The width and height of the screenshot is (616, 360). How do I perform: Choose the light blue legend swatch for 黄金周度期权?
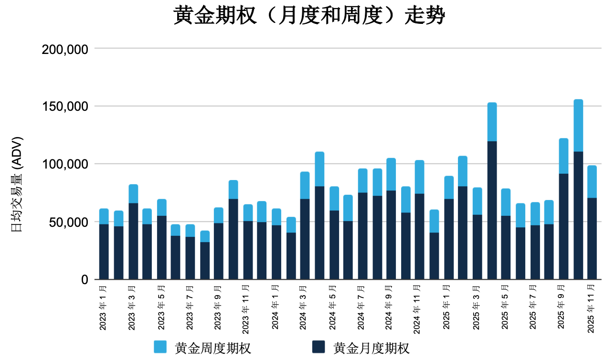pos(160,347)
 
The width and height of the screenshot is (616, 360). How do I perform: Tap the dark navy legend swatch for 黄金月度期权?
pos(318,347)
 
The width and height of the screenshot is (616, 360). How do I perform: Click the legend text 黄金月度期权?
pos(371,348)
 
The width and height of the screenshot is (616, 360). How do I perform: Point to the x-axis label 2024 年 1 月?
pos(276,307)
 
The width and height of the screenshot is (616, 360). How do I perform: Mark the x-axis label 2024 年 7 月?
pos(362,307)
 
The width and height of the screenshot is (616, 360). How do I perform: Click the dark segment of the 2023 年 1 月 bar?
pos(104,252)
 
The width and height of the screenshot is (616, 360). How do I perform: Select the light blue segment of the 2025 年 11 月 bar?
pos(592,181)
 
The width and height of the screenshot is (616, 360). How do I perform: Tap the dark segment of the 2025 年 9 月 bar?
pos(563,227)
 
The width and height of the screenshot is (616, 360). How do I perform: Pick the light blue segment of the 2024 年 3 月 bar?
pos(305,185)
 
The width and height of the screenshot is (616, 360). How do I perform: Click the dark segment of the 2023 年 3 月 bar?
pos(133,242)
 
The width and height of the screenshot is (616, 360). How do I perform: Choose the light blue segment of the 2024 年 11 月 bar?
pos(419,177)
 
